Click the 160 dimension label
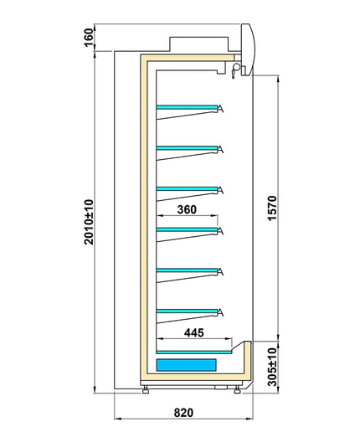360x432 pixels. [x=88, y=38]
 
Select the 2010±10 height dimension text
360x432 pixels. [x=89, y=222]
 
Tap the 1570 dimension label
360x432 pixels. [x=272, y=208]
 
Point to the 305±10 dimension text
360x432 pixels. [x=272, y=367]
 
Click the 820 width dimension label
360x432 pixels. [x=183, y=413]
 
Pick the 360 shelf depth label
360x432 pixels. [x=187, y=209]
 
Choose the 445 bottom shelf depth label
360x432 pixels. [x=194, y=332]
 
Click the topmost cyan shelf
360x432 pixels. [x=187, y=107]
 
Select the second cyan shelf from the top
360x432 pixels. [x=187, y=148]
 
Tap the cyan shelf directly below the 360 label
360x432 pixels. [x=187, y=229]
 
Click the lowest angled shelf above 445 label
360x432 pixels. [x=187, y=311]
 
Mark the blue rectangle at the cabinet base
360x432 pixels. [x=186, y=365]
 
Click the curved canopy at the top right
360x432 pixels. [x=249, y=49]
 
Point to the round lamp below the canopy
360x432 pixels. [x=236, y=67]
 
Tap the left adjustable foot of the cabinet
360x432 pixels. [x=146, y=390]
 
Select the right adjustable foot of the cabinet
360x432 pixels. [x=238, y=389]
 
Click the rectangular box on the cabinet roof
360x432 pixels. [x=199, y=44]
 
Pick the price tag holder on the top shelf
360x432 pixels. [x=220, y=109]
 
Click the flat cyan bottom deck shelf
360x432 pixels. [x=194, y=352]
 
